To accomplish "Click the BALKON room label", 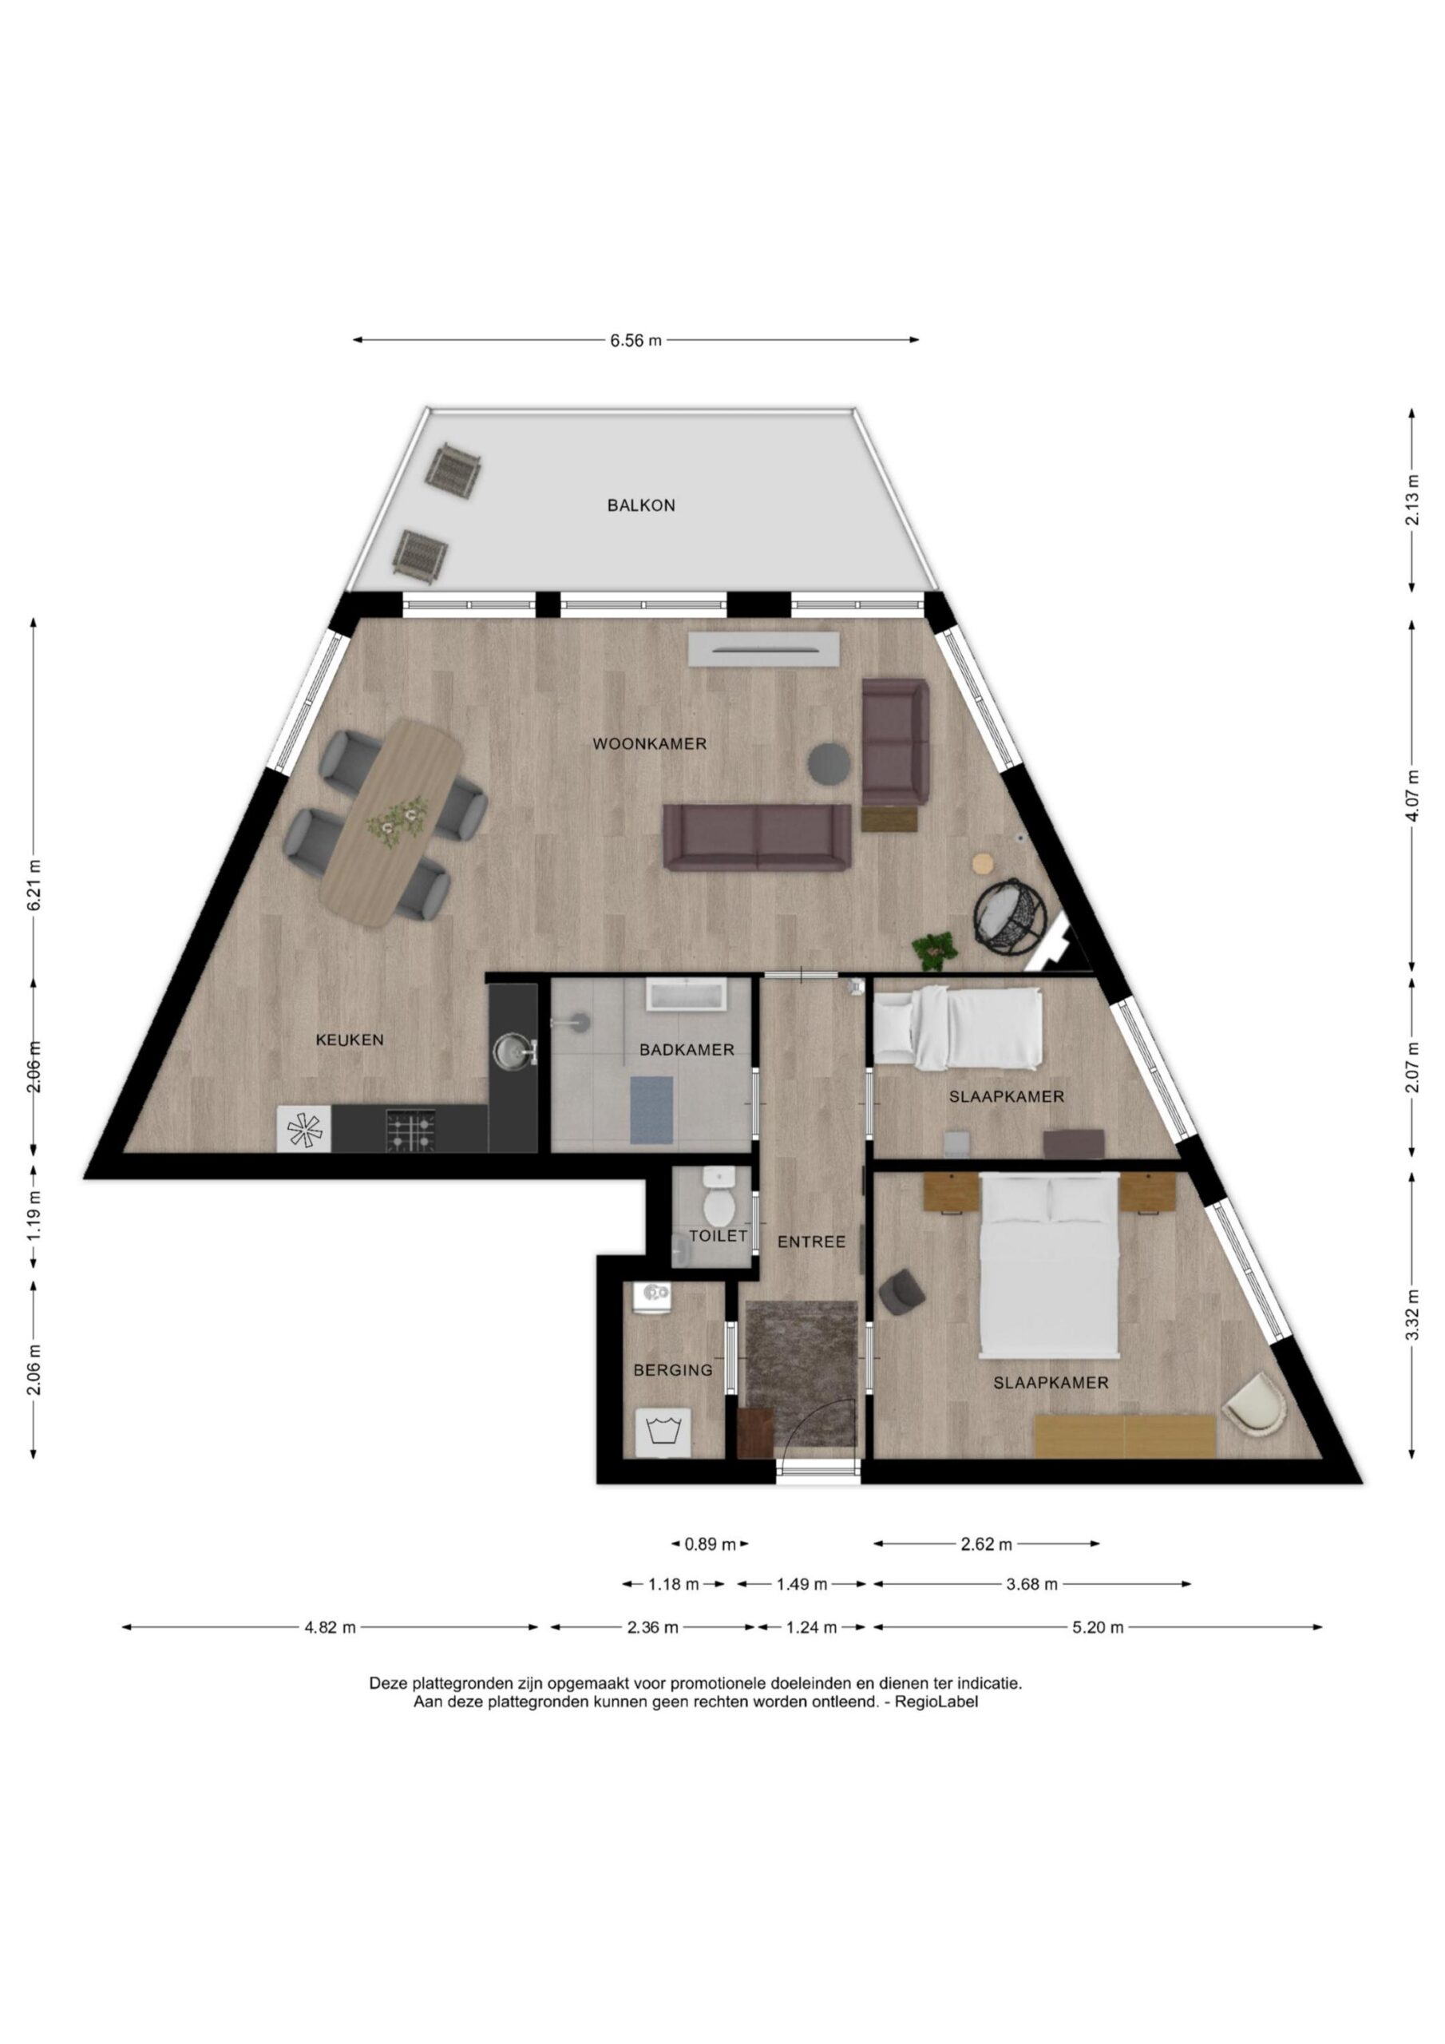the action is [x=641, y=505].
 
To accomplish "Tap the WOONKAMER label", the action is [x=650, y=743].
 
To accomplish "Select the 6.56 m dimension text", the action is [x=636, y=340].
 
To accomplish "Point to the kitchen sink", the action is [x=511, y=1051].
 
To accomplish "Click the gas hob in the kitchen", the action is [x=410, y=1130].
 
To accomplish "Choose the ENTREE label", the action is [x=811, y=1242].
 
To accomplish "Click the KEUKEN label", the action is [x=350, y=1040].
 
